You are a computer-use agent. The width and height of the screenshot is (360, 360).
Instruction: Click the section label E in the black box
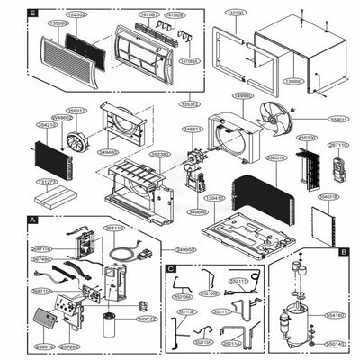click(33, 15)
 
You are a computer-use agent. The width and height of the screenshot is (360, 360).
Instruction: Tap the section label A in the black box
click(33, 219)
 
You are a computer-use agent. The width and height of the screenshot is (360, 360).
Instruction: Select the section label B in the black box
click(344, 253)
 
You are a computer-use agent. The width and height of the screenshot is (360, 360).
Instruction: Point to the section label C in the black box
click(170, 267)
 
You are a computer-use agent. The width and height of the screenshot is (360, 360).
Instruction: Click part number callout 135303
click(57, 22)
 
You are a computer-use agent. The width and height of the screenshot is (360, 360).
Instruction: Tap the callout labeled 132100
click(235, 13)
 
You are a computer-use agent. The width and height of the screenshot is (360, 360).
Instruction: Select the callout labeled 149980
click(242, 94)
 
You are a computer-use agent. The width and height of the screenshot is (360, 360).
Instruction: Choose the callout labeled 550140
click(334, 343)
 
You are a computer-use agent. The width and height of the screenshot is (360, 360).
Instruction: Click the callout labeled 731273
click(47, 182)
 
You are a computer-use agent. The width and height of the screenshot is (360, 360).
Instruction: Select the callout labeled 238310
click(43, 346)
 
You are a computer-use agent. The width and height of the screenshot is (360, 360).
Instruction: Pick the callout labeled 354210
click(47, 125)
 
